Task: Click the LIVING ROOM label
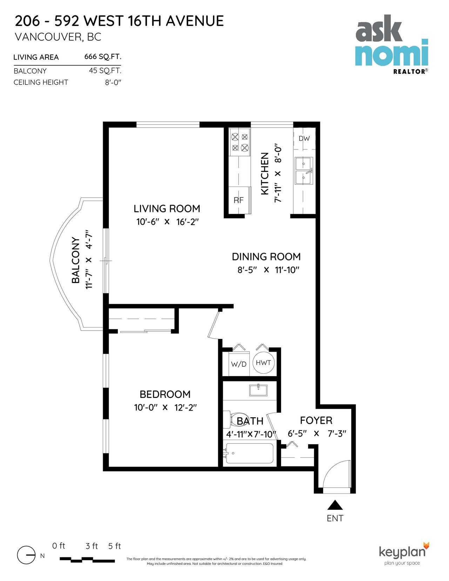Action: [x=167, y=209]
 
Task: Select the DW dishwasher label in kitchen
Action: [x=304, y=139]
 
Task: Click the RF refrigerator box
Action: [x=239, y=200]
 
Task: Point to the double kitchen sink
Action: [x=304, y=171]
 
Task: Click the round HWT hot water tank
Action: [x=263, y=363]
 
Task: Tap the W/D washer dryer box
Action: [x=239, y=364]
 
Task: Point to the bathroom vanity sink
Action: [x=258, y=390]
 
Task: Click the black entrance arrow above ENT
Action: [x=335, y=505]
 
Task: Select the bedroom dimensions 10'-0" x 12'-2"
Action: [x=165, y=408]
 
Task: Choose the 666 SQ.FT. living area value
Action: [x=103, y=57]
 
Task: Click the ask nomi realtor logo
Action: [x=392, y=43]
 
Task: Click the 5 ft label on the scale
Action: [x=114, y=546]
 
